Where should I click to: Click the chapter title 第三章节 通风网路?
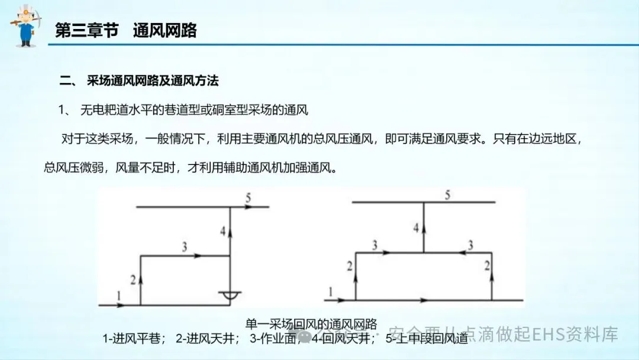click(125, 30)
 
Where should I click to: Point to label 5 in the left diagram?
click(248, 198)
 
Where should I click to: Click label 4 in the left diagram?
click(223, 232)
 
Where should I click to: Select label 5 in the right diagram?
click(448, 195)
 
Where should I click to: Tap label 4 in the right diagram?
click(417, 227)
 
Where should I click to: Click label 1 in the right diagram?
click(330, 290)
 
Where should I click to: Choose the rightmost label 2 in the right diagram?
click(486, 266)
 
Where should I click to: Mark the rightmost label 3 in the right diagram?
click(470, 244)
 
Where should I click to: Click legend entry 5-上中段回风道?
click(426, 339)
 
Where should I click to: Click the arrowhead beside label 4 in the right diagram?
click(424, 226)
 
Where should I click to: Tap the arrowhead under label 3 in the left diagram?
click(198, 256)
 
